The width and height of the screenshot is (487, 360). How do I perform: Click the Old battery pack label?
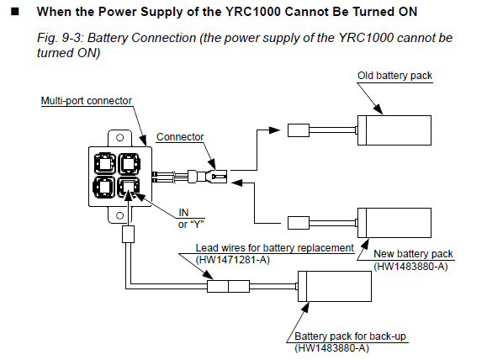pyautogui.click(x=394, y=76)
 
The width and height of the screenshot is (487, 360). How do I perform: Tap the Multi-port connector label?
pyautogui.click(x=87, y=101)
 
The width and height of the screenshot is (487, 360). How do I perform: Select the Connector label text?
pyautogui.click(x=180, y=136)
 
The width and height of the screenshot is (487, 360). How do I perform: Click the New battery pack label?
pyautogui.click(x=413, y=254)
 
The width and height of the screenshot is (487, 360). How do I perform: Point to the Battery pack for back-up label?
pyautogui.click(x=350, y=336)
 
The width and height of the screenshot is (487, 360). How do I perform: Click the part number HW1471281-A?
pyautogui.click(x=233, y=259)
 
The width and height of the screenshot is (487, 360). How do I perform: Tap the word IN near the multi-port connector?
pyautogui.click(x=183, y=213)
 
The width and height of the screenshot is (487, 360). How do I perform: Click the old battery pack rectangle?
pyautogui.click(x=394, y=130)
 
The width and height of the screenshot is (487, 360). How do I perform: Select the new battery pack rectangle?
pyautogui.click(x=394, y=223)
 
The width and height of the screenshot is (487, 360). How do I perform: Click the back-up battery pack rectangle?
pyautogui.click(x=335, y=286)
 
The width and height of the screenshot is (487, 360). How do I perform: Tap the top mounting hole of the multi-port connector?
pyautogui.click(x=120, y=137)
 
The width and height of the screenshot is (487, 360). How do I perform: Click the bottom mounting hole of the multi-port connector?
pyautogui.click(x=120, y=215)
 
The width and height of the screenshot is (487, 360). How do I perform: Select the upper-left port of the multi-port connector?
pyautogui.click(x=105, y=163)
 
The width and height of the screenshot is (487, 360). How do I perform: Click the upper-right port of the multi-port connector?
pyautogui.click(x=129, y=163)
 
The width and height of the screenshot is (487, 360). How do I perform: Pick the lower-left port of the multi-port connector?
pyautogui.click(x=104, y=188)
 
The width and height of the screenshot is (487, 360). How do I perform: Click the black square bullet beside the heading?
pyautogui.click(x=15, y=12)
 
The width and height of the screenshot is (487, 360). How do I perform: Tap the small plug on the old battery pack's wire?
pyautogui.click(x=299, y=130)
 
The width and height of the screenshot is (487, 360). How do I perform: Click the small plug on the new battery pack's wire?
pyautogui.click(x=299, y=223)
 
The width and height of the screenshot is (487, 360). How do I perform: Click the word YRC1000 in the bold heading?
pyautogui.click(x=253, y=12)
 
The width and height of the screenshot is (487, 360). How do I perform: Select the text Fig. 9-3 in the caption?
pyautogui.click(x=60, y=38)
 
